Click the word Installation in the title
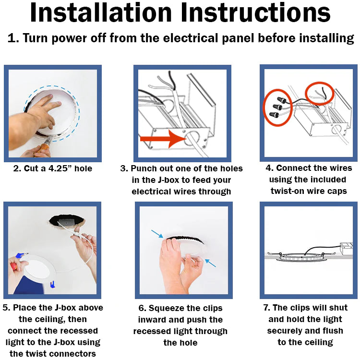pos(101,12)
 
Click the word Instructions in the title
pos(255,12)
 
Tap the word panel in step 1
pos(238,38)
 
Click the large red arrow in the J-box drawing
pos(164,139)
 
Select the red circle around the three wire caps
pos(278,108)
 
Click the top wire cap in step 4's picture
pos(282,100)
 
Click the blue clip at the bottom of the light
pos(53,284)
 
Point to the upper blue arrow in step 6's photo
pos(157,234)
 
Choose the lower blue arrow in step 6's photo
pos(210,263)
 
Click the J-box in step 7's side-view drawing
pos(347,249)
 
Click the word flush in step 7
pos(333,331)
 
